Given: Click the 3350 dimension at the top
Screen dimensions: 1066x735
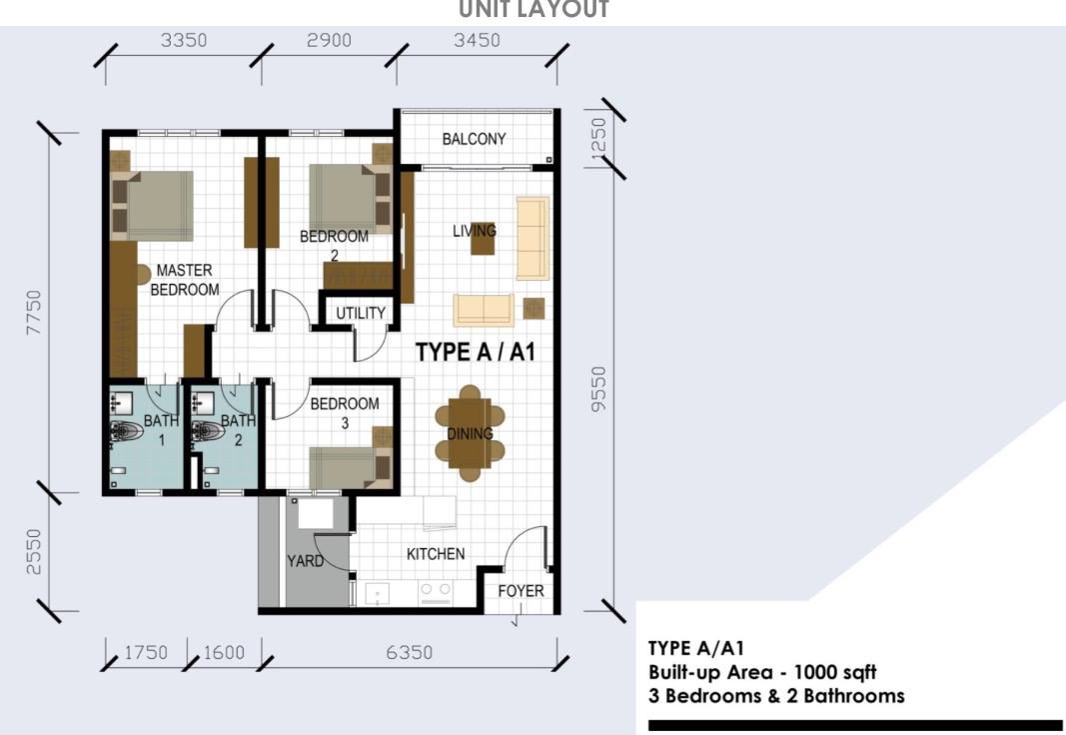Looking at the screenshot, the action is (184, 40).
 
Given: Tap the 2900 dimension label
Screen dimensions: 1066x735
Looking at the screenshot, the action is (329, 40).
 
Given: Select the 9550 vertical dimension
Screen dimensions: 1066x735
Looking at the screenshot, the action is (598, 389).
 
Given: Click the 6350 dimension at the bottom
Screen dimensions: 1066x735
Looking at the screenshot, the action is (410, 653).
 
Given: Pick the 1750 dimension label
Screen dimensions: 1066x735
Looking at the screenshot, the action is (146, 653).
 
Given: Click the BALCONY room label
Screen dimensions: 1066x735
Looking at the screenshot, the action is (474, 139).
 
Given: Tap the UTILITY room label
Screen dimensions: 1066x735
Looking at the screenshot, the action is (361, 313).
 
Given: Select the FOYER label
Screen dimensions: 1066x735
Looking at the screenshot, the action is (521, 591).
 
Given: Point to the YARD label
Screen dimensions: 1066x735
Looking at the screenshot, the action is (306, 561).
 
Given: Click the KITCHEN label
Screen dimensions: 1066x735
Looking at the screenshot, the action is (436, 554).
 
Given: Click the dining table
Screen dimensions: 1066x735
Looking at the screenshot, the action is (470, 434).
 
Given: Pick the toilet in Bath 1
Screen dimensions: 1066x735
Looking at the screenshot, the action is (127, 431).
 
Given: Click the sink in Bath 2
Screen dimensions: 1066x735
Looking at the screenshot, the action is (203, 403).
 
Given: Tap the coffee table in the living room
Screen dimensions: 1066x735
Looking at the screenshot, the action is (484, 240).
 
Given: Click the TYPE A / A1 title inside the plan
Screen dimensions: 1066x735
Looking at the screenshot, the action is (476, 352).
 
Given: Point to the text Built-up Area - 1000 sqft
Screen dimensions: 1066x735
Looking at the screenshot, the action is (762, 672).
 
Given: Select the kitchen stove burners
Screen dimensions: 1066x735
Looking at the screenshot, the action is (436, 591).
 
